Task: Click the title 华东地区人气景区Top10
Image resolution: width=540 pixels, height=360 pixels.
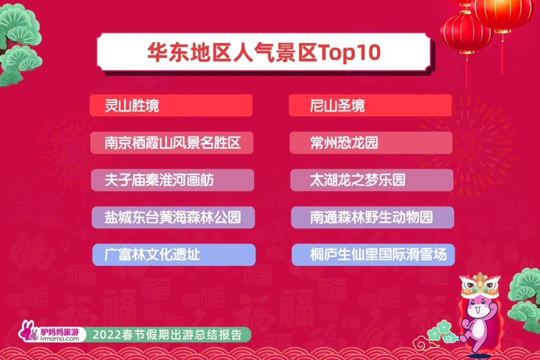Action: click(x=264, y=52)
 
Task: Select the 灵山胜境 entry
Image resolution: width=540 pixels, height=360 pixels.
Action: click(x=132, y=105)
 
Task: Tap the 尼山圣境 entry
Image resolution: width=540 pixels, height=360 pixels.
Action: click(x=337, y=105)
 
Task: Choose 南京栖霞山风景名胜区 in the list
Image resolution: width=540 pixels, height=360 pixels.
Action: click(x=172, y=142)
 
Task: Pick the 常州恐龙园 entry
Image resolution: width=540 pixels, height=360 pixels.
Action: click(x=344, y=142)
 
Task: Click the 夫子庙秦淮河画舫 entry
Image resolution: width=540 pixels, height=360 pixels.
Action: click(x=159, y=180)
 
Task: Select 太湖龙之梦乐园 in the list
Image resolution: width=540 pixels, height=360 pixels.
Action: click(x=357, y=180)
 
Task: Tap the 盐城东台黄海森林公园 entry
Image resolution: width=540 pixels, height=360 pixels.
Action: click(x=172, y=217)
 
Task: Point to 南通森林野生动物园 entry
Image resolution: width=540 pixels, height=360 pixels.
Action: click(x=371, y=217)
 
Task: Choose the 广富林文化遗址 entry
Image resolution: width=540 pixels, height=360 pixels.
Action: click(x=152, y=254)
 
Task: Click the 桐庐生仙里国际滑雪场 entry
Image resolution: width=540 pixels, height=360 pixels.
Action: click(x=378, y=254)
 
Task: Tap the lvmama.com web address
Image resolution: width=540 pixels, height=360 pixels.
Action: click(x=59, y=338)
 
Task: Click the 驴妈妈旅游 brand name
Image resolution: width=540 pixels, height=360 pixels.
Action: click(x=59, y=332)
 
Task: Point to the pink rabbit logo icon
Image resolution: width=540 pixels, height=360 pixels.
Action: click(x=28, y=331)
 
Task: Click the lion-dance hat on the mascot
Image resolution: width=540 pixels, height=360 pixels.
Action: click(x=480, y=285)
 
